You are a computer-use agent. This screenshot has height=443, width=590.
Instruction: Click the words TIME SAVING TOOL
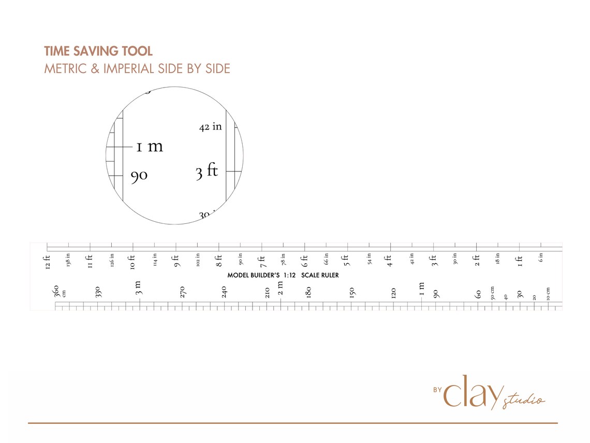click(x=98, y=51)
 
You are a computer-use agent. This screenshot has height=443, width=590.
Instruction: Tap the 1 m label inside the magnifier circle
click(x=150, y=147)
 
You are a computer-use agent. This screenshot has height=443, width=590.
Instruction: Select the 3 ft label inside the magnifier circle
click(x=207, y=171)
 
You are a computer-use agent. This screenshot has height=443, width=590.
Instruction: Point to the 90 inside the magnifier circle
click(x=139, y=176)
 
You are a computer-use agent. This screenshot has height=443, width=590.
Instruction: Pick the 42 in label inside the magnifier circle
click(x=210, y=126)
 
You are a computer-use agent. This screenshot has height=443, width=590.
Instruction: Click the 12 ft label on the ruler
click(x=47, y=262)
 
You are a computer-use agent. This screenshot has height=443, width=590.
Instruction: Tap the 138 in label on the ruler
click(x=68, y=259)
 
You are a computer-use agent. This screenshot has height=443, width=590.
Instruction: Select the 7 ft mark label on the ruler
click(x=262, y=261)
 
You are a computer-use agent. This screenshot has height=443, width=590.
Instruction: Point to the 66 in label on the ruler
click(x=327, y=259)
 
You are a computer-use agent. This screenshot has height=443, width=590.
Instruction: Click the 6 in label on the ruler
click(x=541, y=257)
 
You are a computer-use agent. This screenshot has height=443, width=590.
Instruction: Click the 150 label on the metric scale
click(x=351, y=293)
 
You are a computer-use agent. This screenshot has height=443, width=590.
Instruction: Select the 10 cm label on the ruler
click(x=548, y=293)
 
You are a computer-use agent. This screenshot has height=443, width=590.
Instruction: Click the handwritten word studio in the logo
click(x=524, y=399)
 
